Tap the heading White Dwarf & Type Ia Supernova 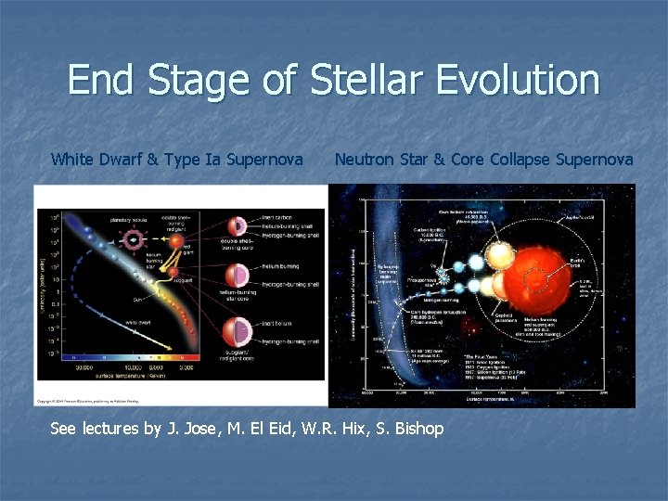point(176,160)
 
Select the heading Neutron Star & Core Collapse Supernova point(483,160)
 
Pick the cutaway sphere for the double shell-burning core point(238,227)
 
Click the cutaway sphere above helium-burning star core point(238,276)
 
